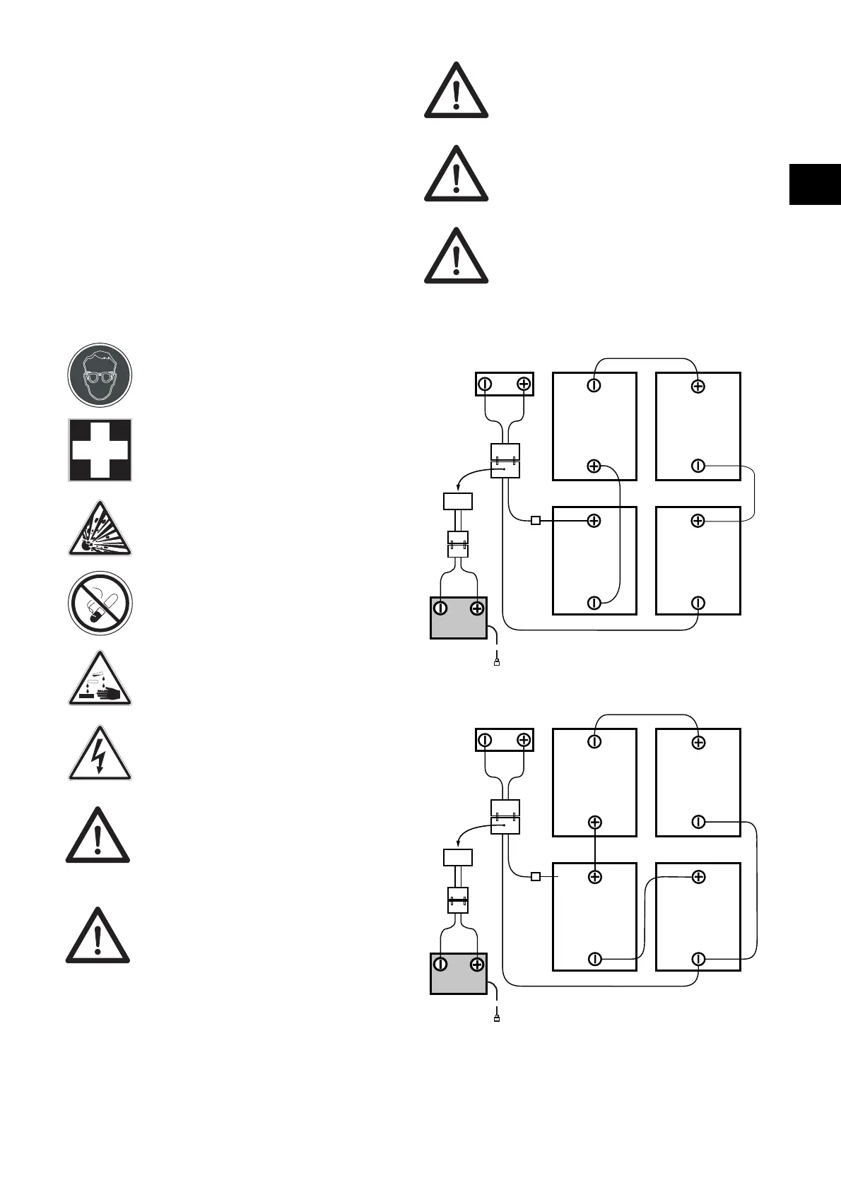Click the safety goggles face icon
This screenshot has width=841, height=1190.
[100, 375]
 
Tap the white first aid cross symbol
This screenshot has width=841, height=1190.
[100, 450]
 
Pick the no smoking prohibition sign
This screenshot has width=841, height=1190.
[100, 603]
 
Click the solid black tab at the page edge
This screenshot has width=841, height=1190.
[815, 184]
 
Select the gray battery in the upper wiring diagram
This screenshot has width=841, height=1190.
[459, 618]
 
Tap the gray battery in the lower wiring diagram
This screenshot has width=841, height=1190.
[459, 973]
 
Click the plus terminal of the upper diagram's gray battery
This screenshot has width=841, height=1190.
[477, 608]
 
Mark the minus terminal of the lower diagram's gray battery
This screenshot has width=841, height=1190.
[440, 963]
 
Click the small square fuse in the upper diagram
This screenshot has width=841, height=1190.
[536, 521]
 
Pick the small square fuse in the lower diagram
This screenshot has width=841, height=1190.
[536, 876]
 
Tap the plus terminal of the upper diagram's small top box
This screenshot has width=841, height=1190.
[523, 384]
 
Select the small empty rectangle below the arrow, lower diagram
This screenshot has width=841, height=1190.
[457, 857]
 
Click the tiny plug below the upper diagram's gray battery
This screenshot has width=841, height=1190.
[497, 663]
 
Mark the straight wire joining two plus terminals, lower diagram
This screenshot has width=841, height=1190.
[595, 849]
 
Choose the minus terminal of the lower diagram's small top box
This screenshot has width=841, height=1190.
[485, 740]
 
